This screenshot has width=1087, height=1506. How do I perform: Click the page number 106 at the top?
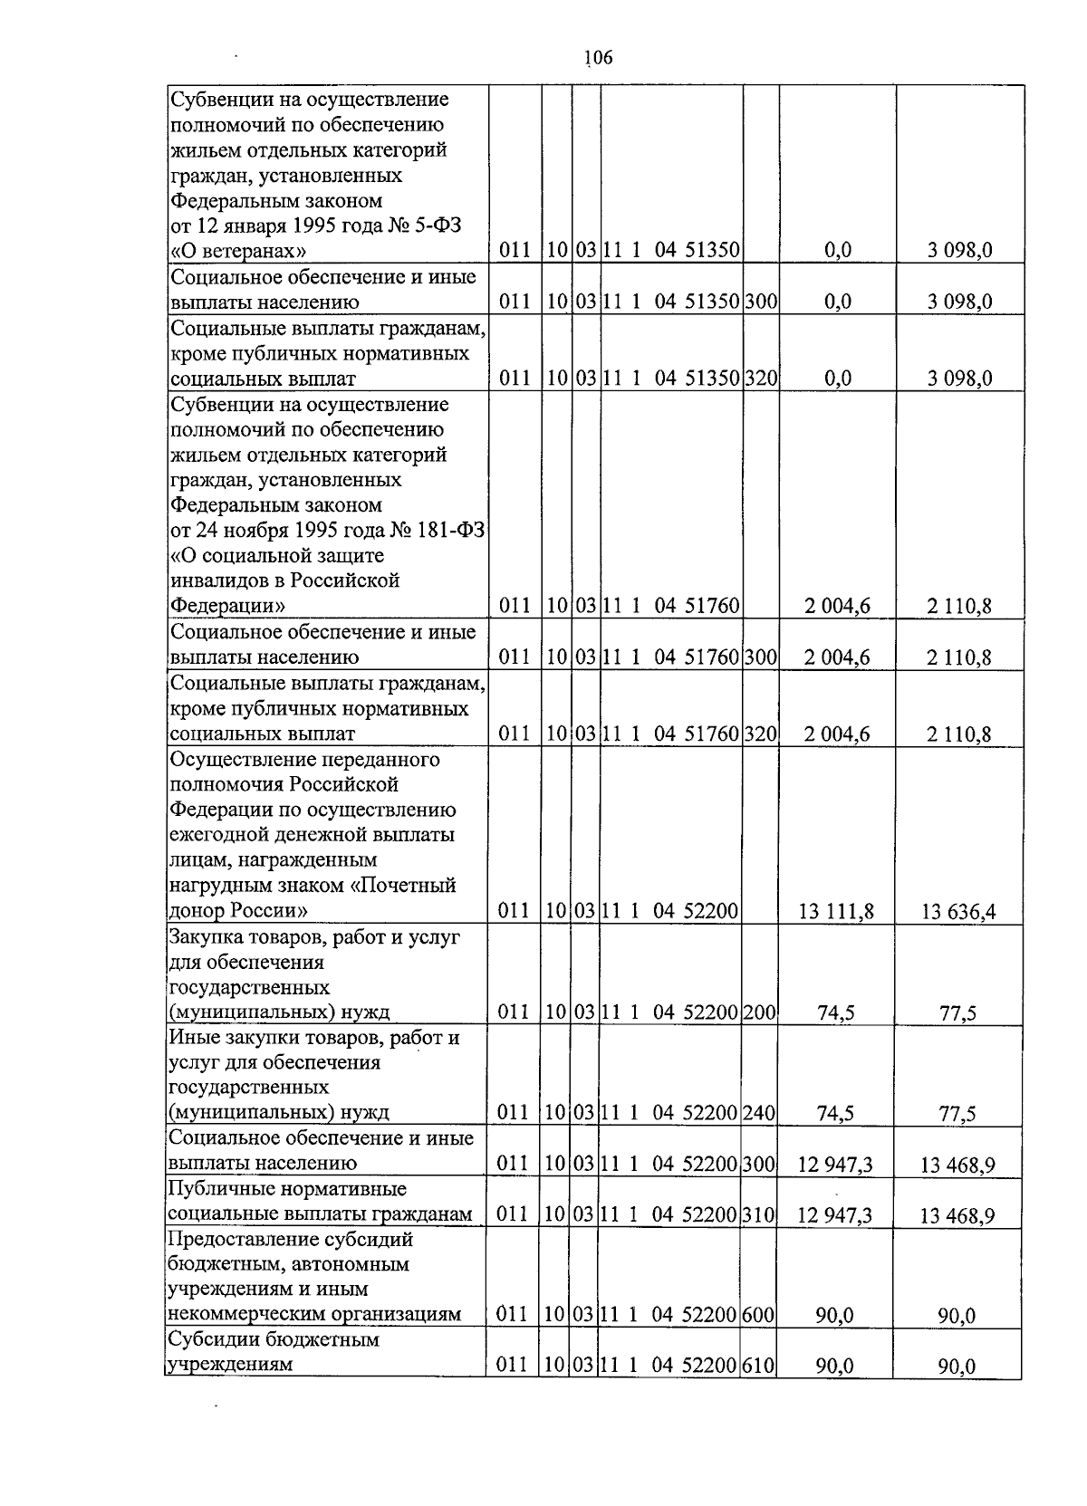tap(599, 58)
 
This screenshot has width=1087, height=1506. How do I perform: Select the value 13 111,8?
tap(836, 911)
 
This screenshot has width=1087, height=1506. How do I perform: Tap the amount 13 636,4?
tap(958, 911)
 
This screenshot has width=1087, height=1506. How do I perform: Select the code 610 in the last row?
tap(758, 1365)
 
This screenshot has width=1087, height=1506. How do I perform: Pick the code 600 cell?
tap(758, 1314)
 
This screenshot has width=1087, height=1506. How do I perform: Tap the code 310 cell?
tap(758, 1214)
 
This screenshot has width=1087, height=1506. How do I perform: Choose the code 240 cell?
tap(758, 1113)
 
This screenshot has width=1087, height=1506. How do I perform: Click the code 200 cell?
tap(758, 1012)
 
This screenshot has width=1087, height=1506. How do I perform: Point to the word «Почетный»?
tap(408, 885)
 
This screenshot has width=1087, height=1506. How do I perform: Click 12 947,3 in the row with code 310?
tap(835, 1214)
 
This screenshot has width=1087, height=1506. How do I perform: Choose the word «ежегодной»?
tap(216, 835)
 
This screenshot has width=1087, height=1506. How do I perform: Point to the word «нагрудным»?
tap(215, 885)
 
